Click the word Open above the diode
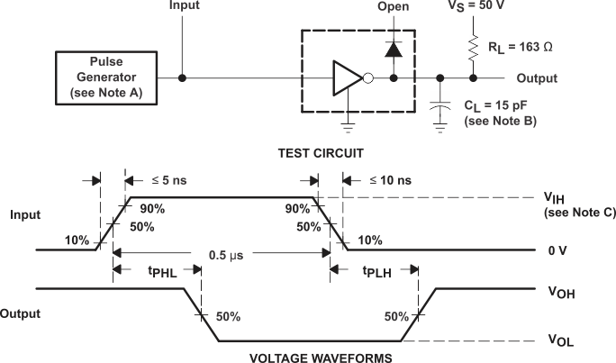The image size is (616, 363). click(393, 7)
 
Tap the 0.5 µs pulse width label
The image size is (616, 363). click(221, 255)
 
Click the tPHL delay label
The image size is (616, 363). click(148, 271)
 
